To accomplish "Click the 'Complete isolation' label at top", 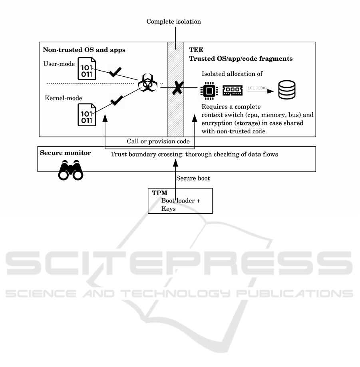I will [173, 22].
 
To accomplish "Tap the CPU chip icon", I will [208, 91].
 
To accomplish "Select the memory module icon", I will [233, 90].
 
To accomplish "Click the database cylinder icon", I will [287, 91].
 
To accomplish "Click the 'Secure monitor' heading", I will [65, 153].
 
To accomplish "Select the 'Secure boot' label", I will [193, 179].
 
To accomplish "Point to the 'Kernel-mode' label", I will [58, 98].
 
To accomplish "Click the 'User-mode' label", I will [56, 63].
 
